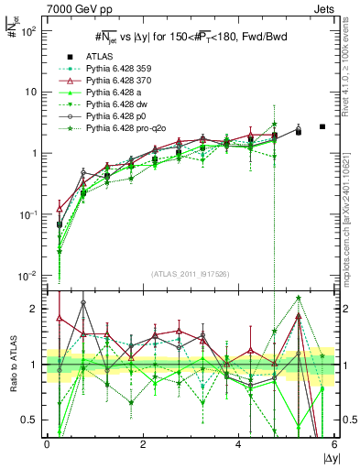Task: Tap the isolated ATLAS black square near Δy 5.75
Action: [x=322, y=126]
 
